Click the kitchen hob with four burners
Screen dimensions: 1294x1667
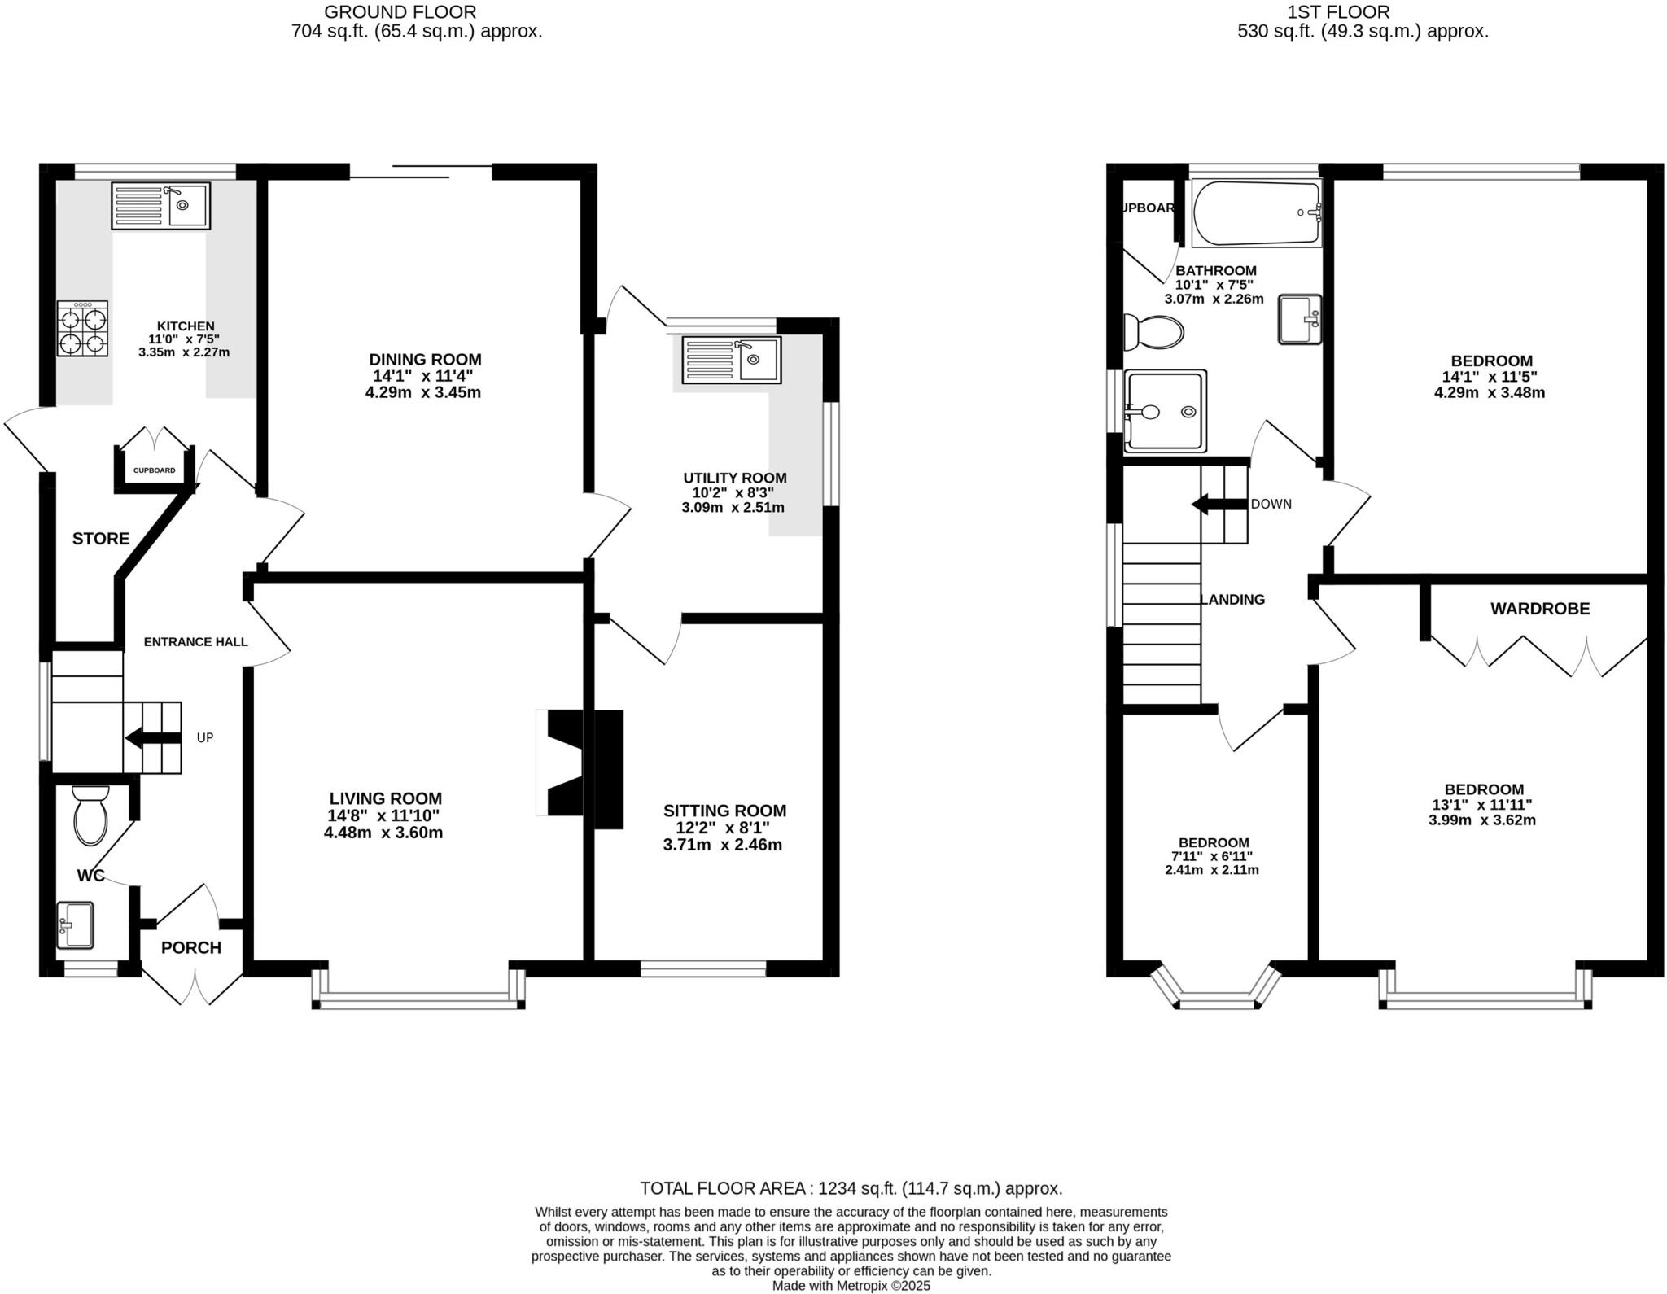[82, 329]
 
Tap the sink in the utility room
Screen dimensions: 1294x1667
[732, 360]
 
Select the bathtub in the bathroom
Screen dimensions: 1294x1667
[1256, 213]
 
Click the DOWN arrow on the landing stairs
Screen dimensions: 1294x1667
[1219, 505]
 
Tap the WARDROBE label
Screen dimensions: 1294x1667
[1539, 609]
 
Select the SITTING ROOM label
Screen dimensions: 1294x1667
[724, 811]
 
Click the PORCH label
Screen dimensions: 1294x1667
[191, 948]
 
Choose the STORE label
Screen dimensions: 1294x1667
[101, 539]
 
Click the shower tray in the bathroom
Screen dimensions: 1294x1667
[1164, 412]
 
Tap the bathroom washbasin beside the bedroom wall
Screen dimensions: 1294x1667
[1299, 319]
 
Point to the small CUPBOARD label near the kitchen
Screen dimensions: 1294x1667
[155, 470]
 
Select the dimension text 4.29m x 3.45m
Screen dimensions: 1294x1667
[423, 392]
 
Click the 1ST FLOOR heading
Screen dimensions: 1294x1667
[1363, 12]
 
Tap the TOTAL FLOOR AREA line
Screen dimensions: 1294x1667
[851, 1188]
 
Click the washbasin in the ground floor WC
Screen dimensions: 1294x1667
[75, 925]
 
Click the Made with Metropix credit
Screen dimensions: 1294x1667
[851, 1287]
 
